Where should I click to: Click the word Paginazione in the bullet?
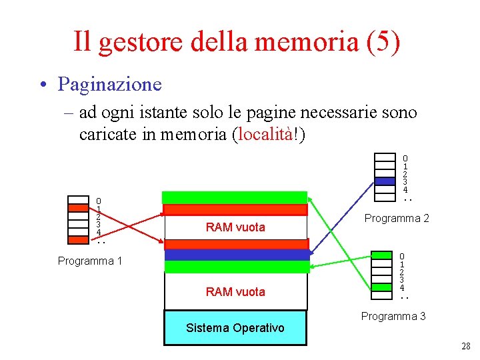109,84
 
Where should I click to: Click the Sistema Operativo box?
235,327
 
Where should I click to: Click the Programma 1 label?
90,261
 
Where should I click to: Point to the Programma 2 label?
397,219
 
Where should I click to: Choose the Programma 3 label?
393,316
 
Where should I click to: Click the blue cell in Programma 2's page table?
385,181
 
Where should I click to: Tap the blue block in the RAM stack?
237,254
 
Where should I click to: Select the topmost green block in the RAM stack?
235,197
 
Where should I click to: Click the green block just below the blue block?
237,267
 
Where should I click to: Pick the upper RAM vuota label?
235,227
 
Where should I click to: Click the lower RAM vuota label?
235,291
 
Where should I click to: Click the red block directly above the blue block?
237,243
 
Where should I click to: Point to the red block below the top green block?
235,209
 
